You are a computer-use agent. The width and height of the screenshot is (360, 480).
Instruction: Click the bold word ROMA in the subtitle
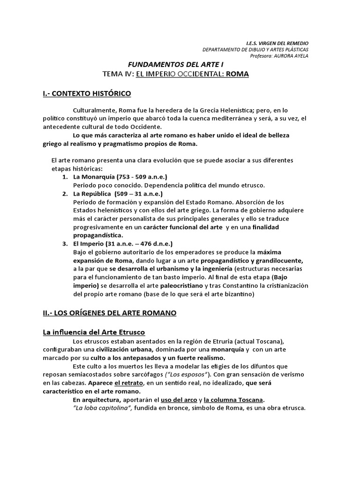click(x=237, y=74)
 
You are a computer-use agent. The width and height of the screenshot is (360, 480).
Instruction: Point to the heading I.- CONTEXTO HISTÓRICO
click(x=87, y=94)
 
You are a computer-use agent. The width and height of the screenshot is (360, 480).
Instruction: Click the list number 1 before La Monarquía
click(x=65, y=177)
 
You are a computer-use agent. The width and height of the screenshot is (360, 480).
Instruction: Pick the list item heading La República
click(x=91, y=193)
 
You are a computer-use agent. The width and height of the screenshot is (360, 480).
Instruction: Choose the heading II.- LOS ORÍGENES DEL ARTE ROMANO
click(x=110, y=313)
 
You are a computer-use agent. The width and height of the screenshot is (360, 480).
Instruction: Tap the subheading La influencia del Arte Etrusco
click(x=94, y=332)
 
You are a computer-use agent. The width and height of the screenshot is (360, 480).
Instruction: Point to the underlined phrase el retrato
click(x=127, y=382)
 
